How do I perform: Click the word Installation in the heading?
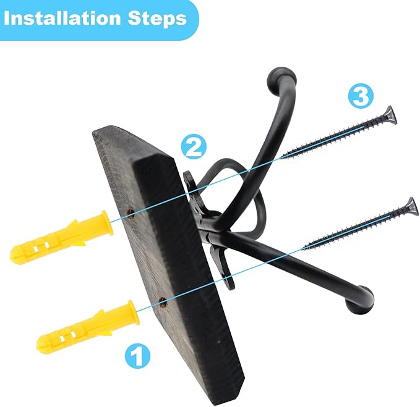[x=62, y=19]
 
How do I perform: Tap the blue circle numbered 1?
[x=137, y=355]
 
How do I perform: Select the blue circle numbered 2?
[x=194, y=146]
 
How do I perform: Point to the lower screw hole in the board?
[x=162, y=303]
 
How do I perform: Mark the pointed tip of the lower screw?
[x=302, y=250]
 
